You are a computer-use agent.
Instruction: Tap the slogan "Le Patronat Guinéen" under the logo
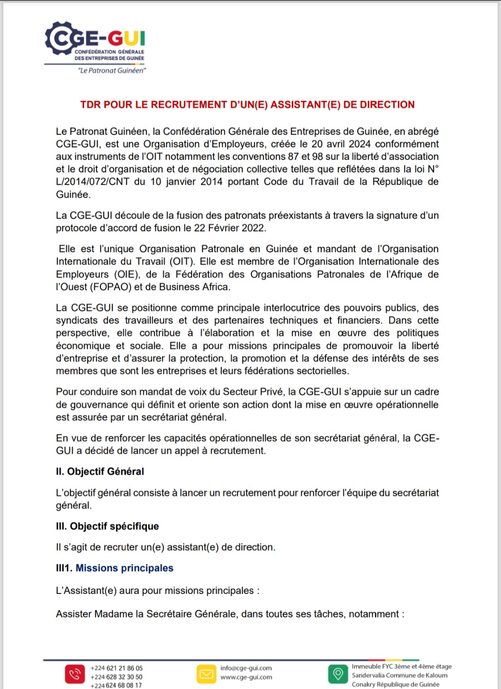112,71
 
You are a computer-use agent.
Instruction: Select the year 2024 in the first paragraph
360,144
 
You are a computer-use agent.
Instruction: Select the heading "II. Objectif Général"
100,472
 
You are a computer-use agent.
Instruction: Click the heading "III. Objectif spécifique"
107,526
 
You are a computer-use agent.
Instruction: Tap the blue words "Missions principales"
124,568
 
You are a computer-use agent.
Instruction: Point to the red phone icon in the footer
74,674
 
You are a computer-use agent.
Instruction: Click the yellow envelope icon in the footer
206,674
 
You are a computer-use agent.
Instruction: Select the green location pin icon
338,674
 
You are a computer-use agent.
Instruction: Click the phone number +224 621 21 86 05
116,669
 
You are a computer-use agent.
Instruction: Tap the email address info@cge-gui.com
246,668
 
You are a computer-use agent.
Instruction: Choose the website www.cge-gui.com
246,677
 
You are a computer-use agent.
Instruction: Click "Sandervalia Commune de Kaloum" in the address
399,676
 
